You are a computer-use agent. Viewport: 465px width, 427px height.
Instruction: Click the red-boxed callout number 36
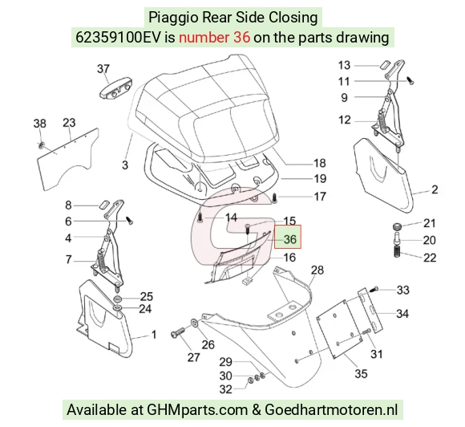pyautogui.click(x=289, y=239)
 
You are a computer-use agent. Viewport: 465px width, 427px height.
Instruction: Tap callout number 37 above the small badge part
pyautogui.click(x=103, y=69)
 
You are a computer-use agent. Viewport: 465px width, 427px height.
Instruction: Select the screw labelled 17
pyautogui.click(x=274, y=197)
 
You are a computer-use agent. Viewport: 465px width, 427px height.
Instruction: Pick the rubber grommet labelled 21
pyautogui.click(x=397, y=226)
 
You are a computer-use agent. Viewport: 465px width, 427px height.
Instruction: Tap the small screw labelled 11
pyautogui.click(x=410, y=80)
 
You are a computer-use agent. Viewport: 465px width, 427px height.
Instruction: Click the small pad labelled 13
pyautogui.click(x=384, y=64)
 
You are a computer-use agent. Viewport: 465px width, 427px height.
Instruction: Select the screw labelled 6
pyautogui.click(x=129, y=221)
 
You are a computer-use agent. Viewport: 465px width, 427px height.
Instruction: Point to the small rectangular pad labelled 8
pyautogui.click(x=103, y=205)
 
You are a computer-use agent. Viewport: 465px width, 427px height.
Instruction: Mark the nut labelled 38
pyautogui.click(x=41, y=145)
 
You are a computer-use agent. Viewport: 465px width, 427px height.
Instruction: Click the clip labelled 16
pyautogui.click(x=247, y=281)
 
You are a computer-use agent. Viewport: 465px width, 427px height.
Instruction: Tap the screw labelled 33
pyautogui.click(x=374, y=289)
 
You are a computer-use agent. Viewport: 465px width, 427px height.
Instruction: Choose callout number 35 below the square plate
pyautogui.click(x=361, y=373)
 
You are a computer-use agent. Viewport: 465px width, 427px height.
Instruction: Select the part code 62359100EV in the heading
pyautogui.click(x=118, y=38)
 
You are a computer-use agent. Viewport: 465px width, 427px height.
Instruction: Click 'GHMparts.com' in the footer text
pyautogui.click(x=197, y=410)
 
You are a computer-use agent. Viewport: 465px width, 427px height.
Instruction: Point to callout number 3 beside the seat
pyautogui.click(x=125, y=165)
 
